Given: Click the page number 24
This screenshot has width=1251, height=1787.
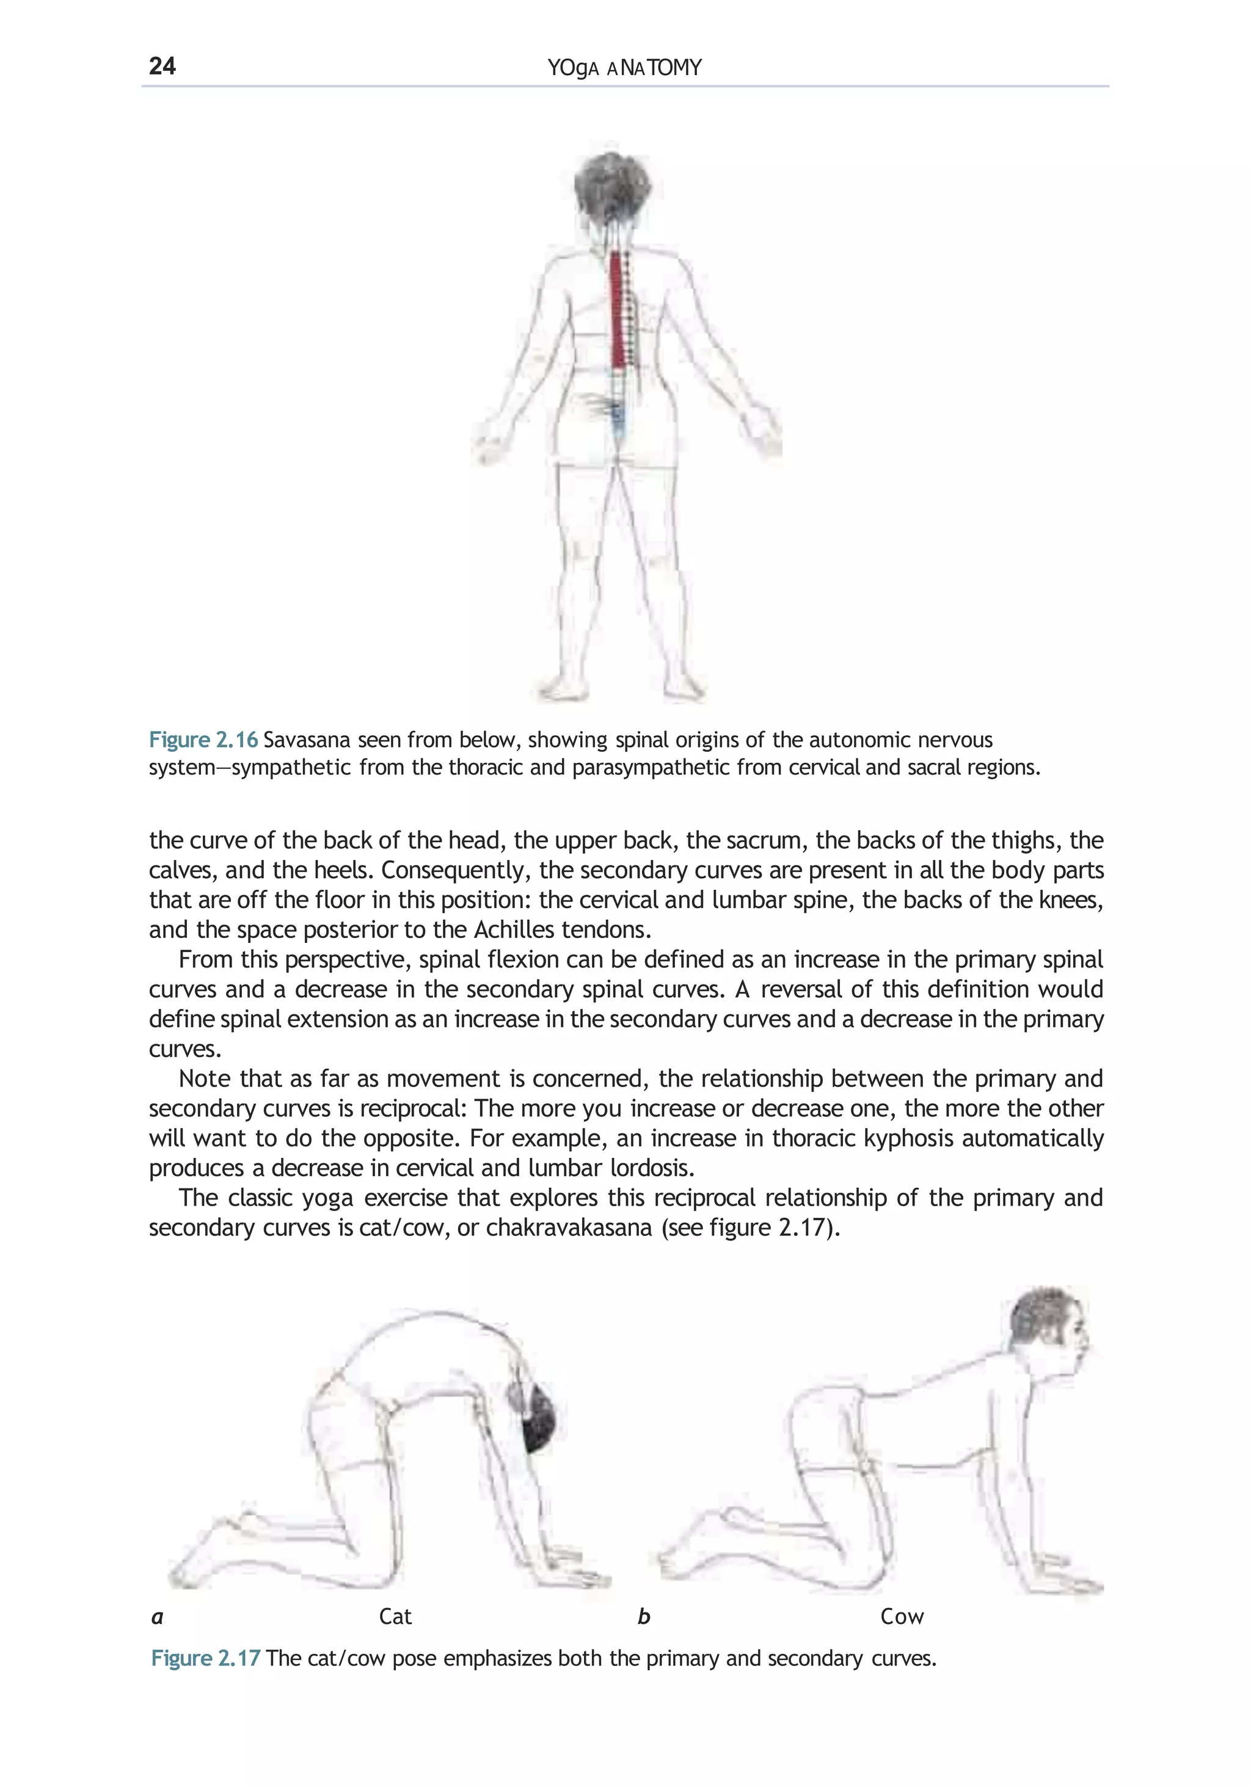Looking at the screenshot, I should click(x=162, y=65).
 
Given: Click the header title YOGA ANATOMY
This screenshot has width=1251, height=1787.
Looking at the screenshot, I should click(x=624, y=68).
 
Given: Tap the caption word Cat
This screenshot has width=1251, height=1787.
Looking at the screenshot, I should click(x=395, y=1617).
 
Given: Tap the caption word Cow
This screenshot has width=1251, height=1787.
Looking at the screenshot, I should click(x=902, y=1617).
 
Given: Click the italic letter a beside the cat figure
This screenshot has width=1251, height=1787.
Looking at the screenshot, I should click(x=157, y=1617).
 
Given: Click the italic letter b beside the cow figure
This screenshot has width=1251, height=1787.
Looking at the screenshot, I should click(x=643, y=1617).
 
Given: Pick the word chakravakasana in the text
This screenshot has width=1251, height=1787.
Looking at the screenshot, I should click(x=568, y=1228).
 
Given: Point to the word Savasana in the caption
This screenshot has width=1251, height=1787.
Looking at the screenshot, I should click(x=307, y=740).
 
